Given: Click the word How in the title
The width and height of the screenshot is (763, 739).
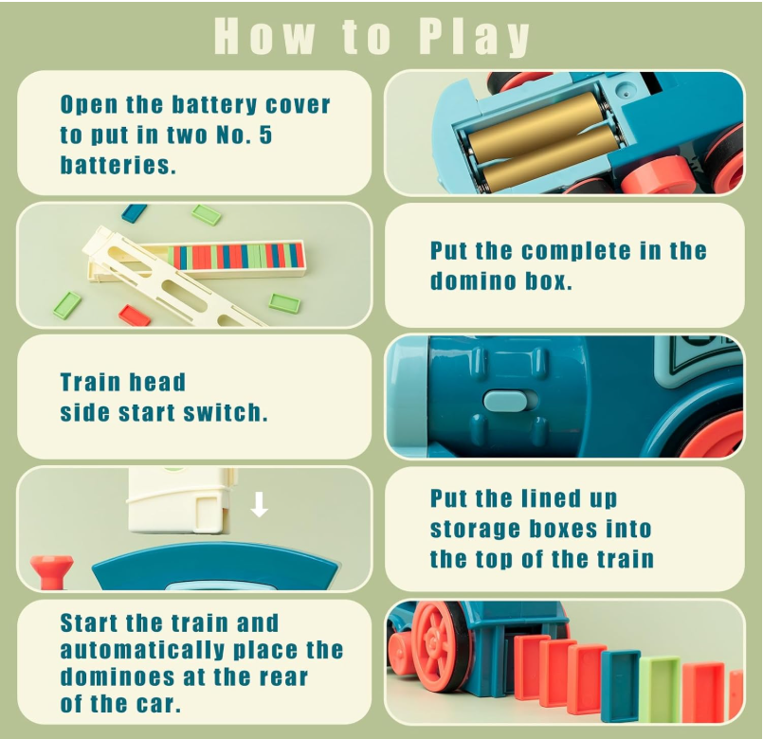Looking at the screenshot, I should click(263, 36).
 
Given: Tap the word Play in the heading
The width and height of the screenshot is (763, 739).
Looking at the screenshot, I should click(474, 36).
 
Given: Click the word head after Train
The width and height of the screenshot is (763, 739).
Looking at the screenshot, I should click(157, 383).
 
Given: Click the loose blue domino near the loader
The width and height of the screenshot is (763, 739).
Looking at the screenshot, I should click(135, 213).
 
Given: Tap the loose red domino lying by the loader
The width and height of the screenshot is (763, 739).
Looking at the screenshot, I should click(134, 315).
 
